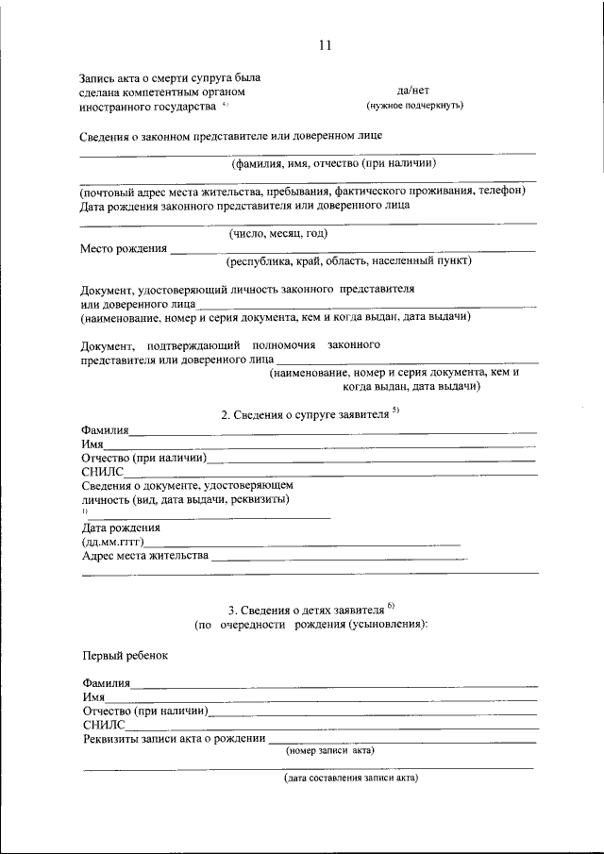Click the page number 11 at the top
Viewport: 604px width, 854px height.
(x=325, y=44)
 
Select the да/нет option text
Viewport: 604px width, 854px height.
(x=413, y=90)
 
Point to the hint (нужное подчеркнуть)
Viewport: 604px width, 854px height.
(x=414, y=105)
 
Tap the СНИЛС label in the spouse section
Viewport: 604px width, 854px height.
(x=101, y=472)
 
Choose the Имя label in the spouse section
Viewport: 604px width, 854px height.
(x=92, y=444)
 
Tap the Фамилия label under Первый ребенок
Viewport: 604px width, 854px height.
(x=107, y=682)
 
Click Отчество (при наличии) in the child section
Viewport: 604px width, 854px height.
(x=144, y=710)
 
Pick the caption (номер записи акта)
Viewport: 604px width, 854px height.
(x=329, y=751)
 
